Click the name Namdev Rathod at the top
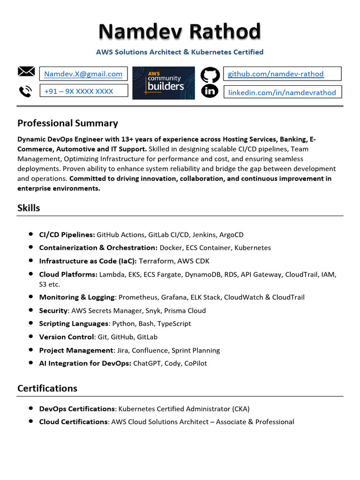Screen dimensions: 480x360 coord(180,32)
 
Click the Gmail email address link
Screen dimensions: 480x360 coord(83,74)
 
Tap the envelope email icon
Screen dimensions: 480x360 coord(26,72)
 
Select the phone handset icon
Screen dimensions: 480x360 coord(25,91)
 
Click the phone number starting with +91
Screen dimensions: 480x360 coord(78,91)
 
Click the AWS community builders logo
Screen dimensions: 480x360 coord(164,83)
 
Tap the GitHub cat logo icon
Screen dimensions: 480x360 coord(210,75)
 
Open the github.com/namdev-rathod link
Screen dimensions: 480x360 coord(276,74)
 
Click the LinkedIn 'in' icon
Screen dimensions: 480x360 coord(210,91)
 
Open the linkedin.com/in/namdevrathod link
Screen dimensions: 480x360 coord(282,92)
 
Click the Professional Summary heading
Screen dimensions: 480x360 coord(67,123)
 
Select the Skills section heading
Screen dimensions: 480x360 coord(29,208)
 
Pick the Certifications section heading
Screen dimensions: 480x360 coord(47,388)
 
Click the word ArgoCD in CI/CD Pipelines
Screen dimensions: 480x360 coord(231,234)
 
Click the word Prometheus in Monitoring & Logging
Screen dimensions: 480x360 coord(138,297)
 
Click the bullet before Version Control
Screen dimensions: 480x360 coord(30,337)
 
